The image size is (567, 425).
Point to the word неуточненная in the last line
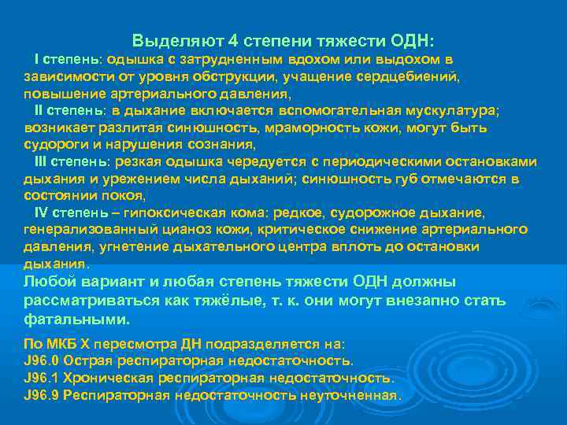click(351, 395)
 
